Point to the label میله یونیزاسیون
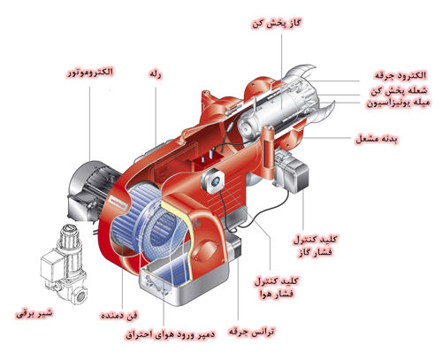coord(398,103)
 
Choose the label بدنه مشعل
coord(378,141)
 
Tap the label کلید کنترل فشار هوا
coord(275,287)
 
